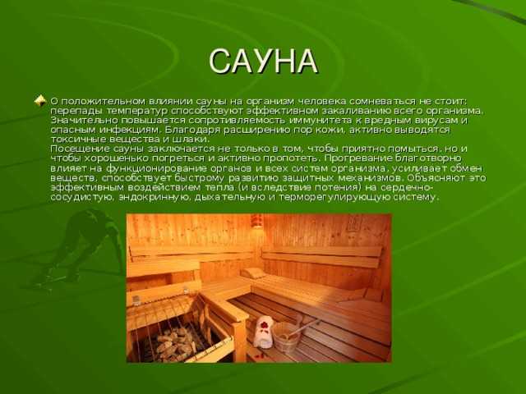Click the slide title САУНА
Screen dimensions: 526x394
point(263,62)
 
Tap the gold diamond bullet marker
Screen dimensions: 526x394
point(40,100)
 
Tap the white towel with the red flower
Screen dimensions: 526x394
point(263,332)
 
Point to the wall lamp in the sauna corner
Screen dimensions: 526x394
point(256,221)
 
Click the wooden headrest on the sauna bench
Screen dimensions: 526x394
point(253,273)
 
